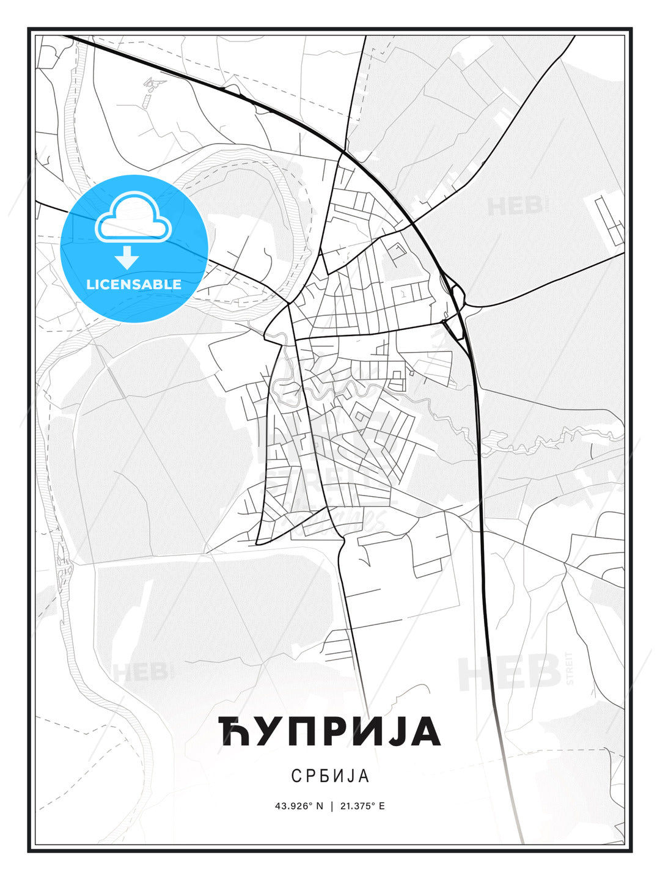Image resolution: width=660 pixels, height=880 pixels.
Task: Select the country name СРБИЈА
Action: pos(330,776)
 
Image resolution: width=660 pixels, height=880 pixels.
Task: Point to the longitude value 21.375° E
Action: pos(361,805)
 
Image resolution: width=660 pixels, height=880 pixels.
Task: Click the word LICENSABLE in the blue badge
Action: pos(134,284)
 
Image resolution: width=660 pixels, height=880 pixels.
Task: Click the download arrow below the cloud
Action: pos(127,257)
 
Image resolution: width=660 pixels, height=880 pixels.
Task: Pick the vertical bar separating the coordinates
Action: pos(331,805)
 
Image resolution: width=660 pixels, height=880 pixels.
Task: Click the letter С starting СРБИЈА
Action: pos(296,776)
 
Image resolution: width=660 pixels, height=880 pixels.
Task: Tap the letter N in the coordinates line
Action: pos(318,805)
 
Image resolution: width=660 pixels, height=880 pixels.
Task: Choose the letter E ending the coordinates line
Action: pos(381,805)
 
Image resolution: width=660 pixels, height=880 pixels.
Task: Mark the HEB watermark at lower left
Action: pos(139,672)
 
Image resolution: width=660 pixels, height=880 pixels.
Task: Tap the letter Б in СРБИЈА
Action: pos(326,776)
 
